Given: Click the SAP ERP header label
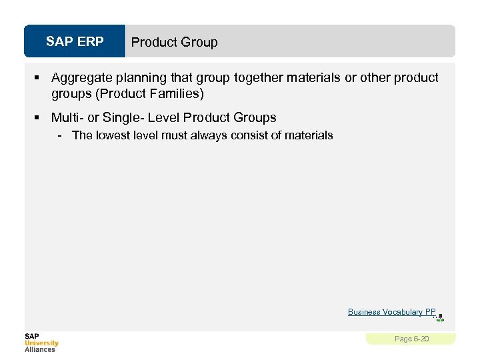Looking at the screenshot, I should click(x=75, y=42).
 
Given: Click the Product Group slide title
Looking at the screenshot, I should click(x=174, y=42).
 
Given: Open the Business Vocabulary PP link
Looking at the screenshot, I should click(x=391, y=312).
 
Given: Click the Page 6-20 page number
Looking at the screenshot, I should click(x=411, y=339).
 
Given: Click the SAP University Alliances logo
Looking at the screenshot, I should click(x=41, y=343).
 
